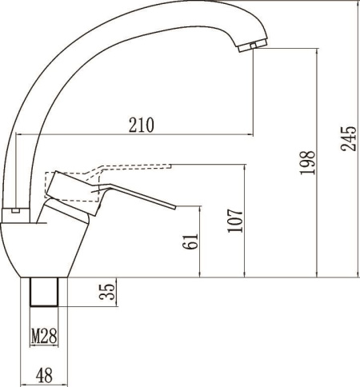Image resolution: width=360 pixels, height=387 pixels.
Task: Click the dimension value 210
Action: (141, 124)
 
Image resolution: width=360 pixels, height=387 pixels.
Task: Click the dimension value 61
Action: (190, 241)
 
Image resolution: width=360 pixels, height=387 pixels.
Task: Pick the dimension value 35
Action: (107, 291)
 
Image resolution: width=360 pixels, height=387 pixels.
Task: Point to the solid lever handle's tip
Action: (170, 206)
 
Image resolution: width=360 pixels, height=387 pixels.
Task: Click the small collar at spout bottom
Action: (18, 211)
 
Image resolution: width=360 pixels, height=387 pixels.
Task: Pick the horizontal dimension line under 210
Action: (136, 134)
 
